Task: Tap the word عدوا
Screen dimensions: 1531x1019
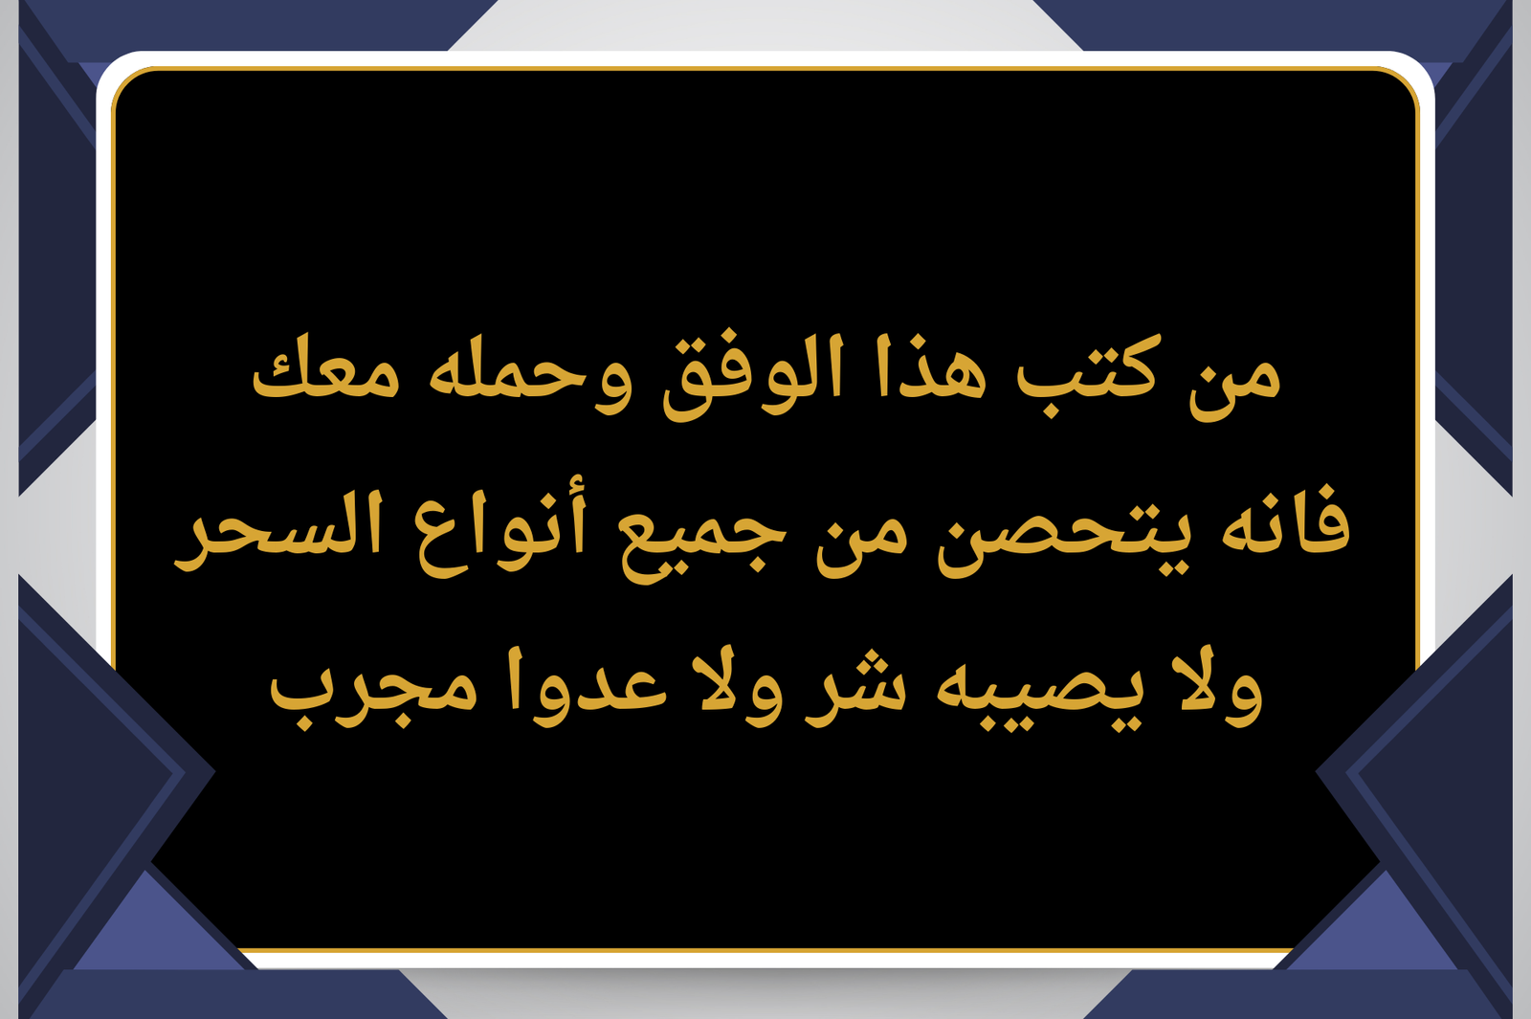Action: click(x=587, y=686)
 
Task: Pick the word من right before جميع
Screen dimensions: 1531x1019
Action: click(x=862, y=543)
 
